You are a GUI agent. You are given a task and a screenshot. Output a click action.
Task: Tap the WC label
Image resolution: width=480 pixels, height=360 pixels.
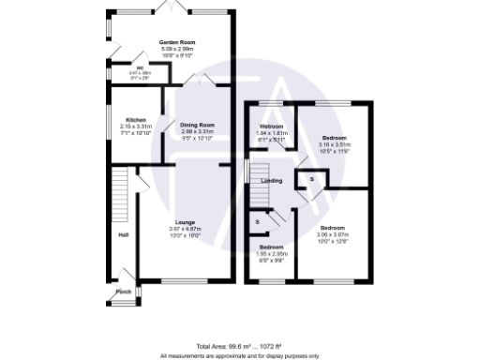tap(139, 68)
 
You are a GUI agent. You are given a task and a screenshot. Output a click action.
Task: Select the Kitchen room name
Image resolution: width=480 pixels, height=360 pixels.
tap(135, 119)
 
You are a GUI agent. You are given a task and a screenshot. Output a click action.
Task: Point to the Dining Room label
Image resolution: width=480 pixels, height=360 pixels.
tap(198, 125)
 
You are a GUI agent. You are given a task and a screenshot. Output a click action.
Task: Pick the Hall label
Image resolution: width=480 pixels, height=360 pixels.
tap(122, 234)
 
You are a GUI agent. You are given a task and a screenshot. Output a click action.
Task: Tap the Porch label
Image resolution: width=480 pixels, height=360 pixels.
tap(123, 292)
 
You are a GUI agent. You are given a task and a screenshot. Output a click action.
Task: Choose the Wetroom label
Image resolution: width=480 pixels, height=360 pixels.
tap(271, 127)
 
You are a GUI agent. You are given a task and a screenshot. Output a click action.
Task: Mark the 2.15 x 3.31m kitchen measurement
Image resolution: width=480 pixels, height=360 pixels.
tap(135, 126)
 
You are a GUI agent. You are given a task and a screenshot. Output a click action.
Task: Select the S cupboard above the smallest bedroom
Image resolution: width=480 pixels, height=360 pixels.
tap(258, 221)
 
